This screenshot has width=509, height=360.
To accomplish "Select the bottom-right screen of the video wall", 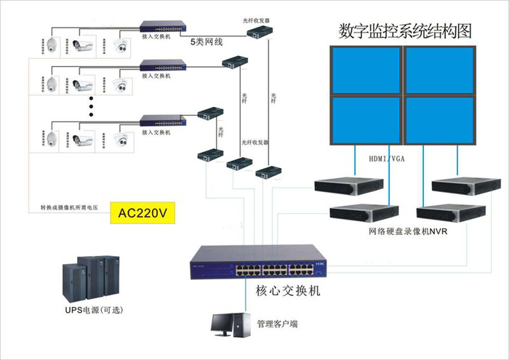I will coord(438,119).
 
